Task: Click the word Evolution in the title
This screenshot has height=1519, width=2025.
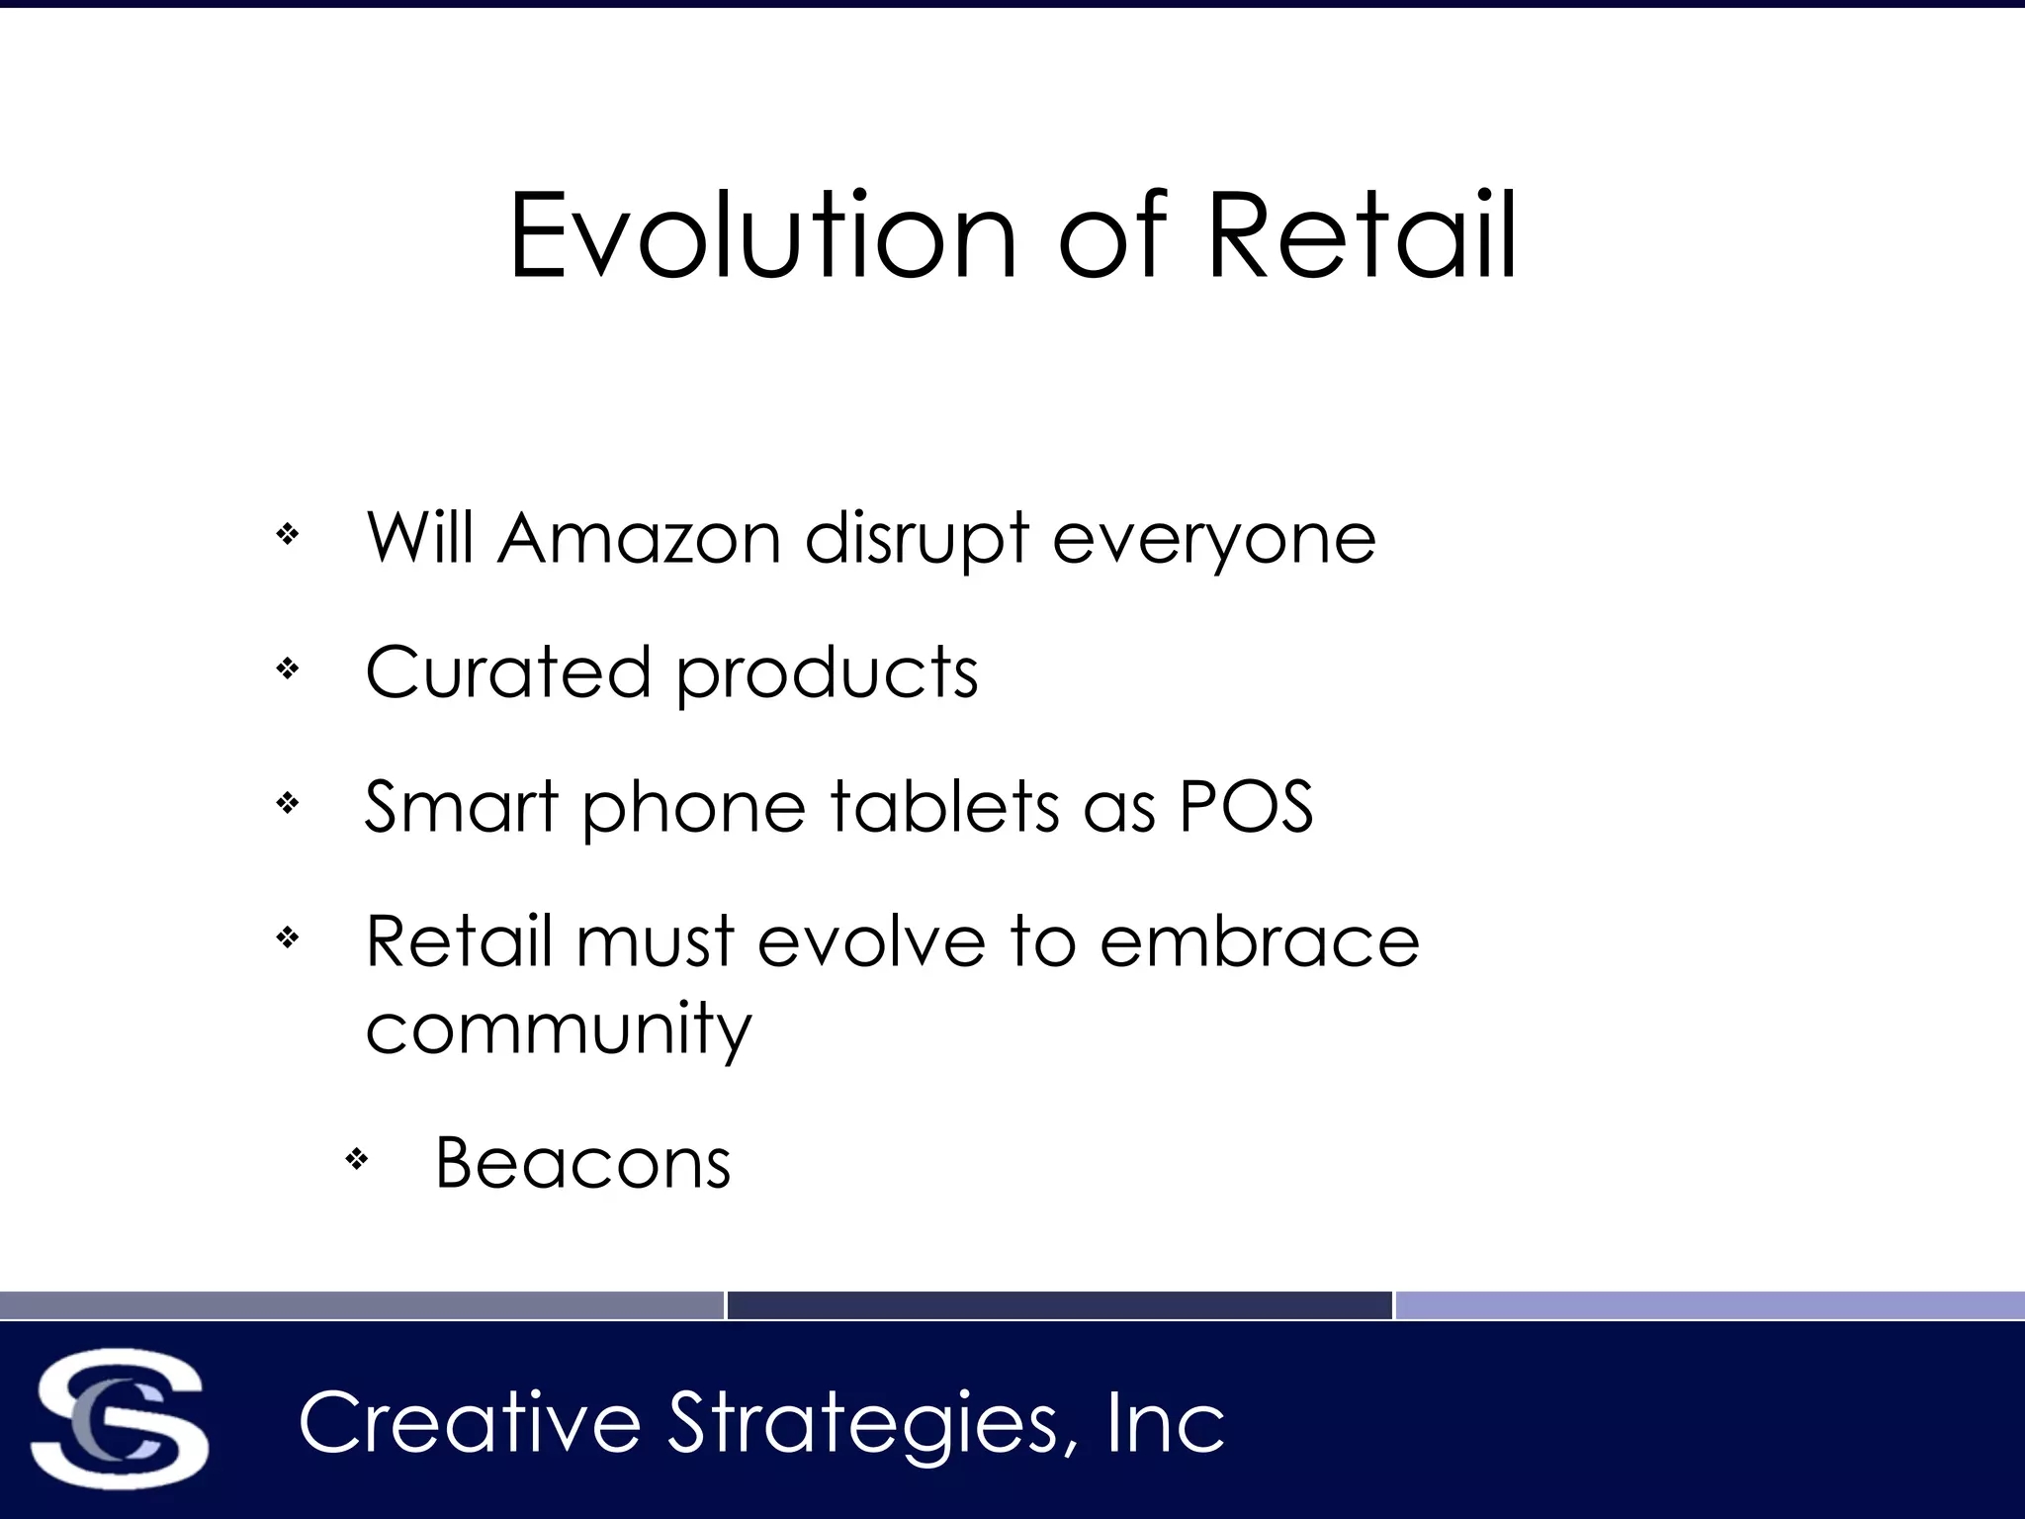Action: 762,237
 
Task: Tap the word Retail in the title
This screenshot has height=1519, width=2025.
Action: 1362,237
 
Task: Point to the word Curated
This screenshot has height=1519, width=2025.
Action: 507,672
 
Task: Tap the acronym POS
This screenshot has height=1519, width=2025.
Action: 1246,807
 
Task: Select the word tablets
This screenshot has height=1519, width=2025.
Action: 944,807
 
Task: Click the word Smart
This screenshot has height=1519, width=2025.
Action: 462,807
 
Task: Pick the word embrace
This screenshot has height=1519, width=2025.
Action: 1260,940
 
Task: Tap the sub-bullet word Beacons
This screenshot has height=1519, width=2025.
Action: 583,1163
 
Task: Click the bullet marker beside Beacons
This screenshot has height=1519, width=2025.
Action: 357,1158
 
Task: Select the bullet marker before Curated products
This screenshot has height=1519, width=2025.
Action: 288,670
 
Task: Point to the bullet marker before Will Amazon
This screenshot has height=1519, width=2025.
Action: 288,535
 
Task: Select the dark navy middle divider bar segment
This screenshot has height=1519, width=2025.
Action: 1059,1305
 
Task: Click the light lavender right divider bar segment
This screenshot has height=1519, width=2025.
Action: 1710,1305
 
